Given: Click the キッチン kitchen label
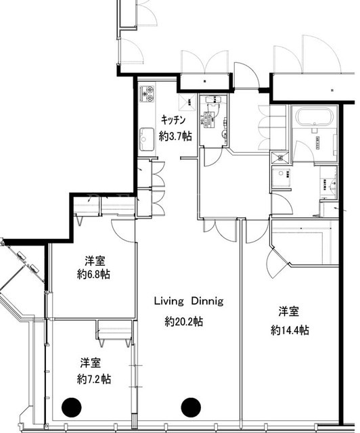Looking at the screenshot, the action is [173, 120].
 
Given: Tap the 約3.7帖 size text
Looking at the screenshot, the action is [175, 136].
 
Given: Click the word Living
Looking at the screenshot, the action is [168, 301].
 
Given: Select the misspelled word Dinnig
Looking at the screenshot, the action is [208, 301].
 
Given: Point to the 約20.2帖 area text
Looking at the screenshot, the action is [184, 321].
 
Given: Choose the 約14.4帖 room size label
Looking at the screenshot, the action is [290, 330].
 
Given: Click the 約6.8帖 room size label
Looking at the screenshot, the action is [93, 275].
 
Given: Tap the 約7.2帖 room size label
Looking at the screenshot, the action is [94, 379].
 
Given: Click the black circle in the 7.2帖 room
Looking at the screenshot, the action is [72, 407].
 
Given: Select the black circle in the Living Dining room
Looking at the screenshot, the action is [191, 407].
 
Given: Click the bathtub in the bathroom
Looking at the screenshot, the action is [313, 118].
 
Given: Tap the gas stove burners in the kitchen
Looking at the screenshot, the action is [147, 93].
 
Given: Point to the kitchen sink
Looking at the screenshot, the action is [146, 139].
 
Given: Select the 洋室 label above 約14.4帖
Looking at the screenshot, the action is [288, 311].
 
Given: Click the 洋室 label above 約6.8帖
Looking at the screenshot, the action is [95, 261].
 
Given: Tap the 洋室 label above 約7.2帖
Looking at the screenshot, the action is [91, 363].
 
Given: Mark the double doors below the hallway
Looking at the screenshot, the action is [220, 229].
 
